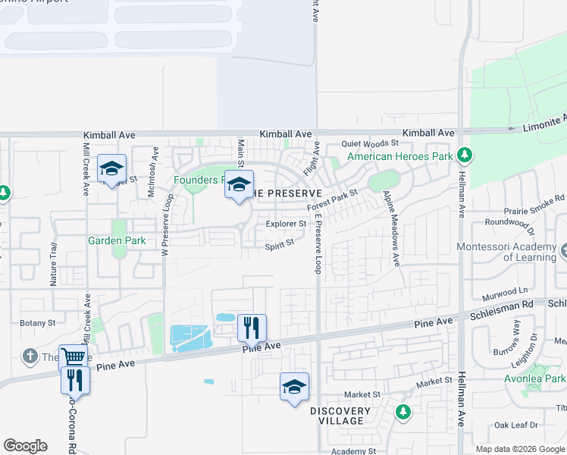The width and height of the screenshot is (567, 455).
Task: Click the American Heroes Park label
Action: (399, 157)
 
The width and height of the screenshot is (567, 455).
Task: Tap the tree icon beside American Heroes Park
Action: (465, 156)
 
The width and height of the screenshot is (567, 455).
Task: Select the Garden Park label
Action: (117, 240)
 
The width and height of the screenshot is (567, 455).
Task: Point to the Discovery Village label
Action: (340, 416)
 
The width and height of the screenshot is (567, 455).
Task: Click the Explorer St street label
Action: (286, 224)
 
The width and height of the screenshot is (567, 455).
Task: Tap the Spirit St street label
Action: (279, 246)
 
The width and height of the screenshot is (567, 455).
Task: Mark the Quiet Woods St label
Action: (370, 143)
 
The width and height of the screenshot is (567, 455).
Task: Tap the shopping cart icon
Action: (72, 356)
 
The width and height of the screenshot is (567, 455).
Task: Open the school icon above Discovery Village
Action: (294, 387)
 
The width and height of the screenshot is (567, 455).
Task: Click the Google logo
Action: (25, 446)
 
